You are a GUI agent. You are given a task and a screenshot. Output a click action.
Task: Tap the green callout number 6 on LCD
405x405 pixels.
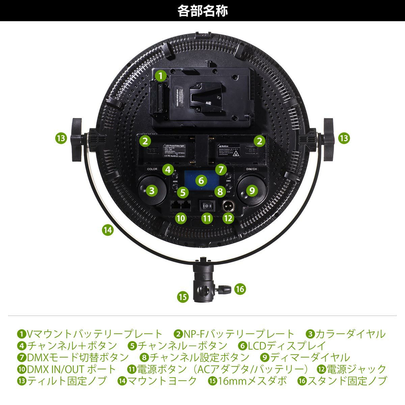(201, 180)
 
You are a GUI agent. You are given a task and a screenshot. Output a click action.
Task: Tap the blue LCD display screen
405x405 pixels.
(201, 184)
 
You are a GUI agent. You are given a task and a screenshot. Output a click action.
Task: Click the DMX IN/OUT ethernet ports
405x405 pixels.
(181, 205)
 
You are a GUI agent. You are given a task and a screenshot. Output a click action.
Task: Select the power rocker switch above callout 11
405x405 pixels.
(206, 205)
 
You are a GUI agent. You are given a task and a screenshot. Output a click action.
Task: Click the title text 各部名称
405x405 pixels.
(202, 11)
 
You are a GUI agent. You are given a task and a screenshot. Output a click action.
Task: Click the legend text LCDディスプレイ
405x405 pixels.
(287, 346)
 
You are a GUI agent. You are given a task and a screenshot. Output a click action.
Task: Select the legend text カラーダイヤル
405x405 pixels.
(350, 334)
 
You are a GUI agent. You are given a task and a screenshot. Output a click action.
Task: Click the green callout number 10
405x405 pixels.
(181, 218)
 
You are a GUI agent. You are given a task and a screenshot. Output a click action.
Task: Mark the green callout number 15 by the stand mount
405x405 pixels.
(183, 297)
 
